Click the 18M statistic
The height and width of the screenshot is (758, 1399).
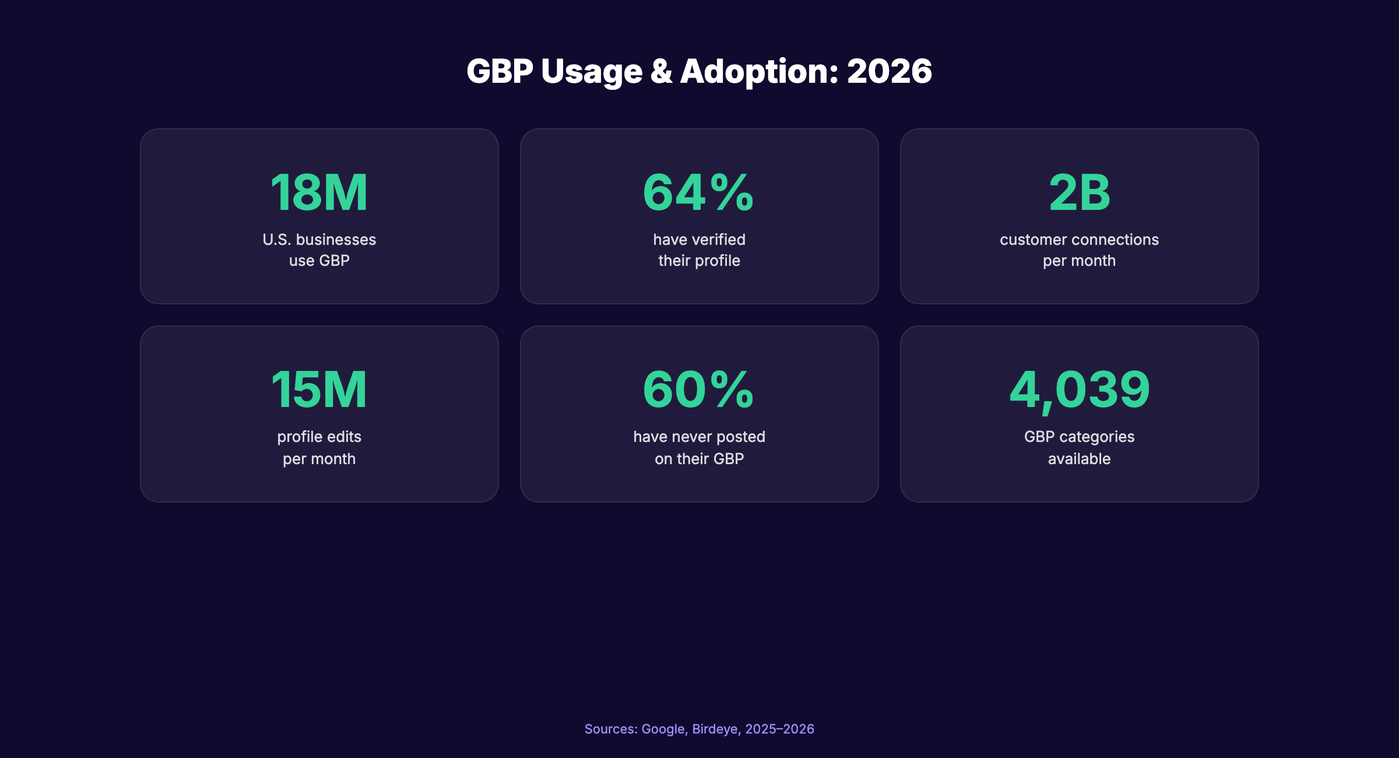tap(319, 192)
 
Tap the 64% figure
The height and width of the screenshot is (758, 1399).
tap(698, 192)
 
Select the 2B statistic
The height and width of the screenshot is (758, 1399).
tap(1079, 192)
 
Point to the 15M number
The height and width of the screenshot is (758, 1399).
tap(319, 389)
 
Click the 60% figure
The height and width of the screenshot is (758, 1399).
tap(698, 389)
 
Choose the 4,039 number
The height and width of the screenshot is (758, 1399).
tap(1079, 389)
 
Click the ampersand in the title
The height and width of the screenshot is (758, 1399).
tap(661, 71)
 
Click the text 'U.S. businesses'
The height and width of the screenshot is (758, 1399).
tap(319, 240)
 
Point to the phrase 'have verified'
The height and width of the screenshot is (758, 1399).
tap(699, 240)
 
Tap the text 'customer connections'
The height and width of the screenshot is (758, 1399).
tap(1079, 240)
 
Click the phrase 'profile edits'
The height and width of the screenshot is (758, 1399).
tap(319, 437)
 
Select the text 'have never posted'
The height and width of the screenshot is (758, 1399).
tap(699, 437)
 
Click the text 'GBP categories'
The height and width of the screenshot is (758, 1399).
tap(1079, 437)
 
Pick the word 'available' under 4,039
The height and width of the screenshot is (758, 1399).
tap(1079, 459)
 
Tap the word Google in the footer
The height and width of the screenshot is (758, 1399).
tap(664, 729)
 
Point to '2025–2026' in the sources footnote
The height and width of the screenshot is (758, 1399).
tap(779, 729)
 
